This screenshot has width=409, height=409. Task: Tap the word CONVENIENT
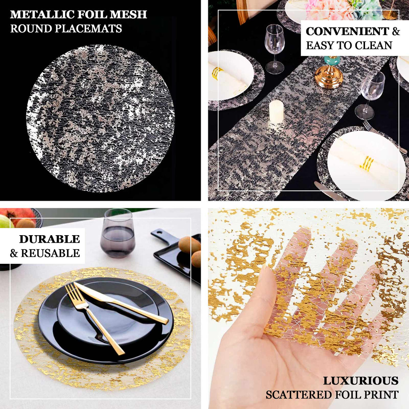click(347, 31)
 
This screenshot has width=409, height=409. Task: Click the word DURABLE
click(49, 239)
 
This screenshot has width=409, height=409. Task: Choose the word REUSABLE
click(50, 253)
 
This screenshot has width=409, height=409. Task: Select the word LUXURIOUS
click(361, 381)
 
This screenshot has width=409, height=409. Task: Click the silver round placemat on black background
click(100, 118)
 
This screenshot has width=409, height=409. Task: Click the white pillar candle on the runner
click(276, 111)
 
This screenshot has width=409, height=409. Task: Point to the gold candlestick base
click(328, 77)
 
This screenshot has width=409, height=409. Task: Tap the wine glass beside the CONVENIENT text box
click(274, 48)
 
